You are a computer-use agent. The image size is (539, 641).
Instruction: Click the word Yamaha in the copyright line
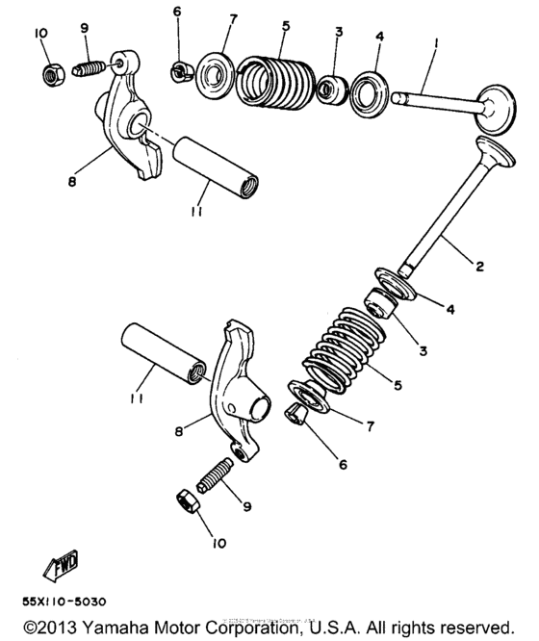(x=121, y=628)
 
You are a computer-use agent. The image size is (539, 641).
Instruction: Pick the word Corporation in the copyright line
(x=253, y=628)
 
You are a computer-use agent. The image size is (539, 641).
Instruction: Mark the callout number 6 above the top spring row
(x=177, y=12)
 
